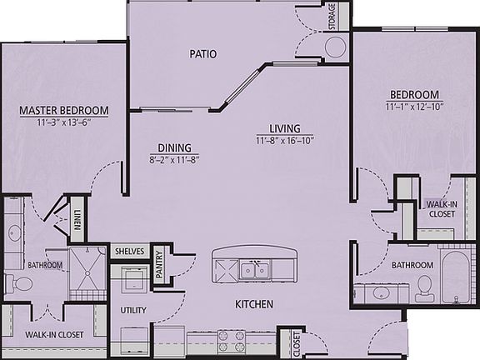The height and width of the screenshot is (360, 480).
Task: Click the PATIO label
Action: (202, 54)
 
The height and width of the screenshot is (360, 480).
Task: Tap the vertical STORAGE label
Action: (332, 17)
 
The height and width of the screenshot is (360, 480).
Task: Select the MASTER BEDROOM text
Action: (64, 110)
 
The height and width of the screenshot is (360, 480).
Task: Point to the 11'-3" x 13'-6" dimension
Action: (64, 122)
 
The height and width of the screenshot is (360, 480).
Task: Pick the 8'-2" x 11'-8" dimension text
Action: (174, 158)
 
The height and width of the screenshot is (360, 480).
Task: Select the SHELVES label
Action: (129, 251)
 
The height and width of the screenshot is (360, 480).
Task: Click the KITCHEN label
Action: (253, 304)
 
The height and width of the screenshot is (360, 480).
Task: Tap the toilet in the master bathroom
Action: (22, 285)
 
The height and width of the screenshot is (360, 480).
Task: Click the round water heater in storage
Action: (335, 47)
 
